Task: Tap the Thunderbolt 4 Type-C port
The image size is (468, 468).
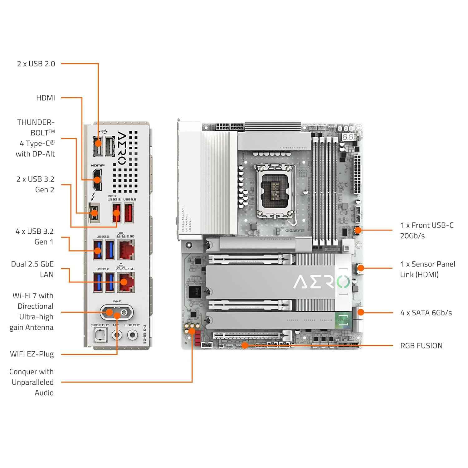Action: [94, 213]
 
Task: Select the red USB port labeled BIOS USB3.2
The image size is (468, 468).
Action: [116, 213]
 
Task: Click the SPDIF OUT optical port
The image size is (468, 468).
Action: [100, 335]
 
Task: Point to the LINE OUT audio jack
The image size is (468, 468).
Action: [132, 335]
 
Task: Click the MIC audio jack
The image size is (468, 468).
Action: [117, 335]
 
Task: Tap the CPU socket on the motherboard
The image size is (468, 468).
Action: [275, 191]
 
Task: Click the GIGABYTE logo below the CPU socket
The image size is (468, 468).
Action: [295, 231]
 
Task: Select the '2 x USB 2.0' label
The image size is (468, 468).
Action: [36, 64]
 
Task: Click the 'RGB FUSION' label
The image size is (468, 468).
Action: [421, 346]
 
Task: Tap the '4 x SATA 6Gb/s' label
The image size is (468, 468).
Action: [426, 313]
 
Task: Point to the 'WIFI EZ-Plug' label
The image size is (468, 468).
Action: [32, 354]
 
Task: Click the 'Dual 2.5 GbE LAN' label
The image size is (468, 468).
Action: [32, 269]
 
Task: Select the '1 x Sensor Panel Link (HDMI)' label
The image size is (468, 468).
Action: [427, 269]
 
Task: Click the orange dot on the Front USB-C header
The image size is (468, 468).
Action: [358, 230]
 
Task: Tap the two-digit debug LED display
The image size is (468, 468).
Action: [348, 137]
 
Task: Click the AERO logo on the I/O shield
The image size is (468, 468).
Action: [121, 148]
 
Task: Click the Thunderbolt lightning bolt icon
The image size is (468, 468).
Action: [93, 197]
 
